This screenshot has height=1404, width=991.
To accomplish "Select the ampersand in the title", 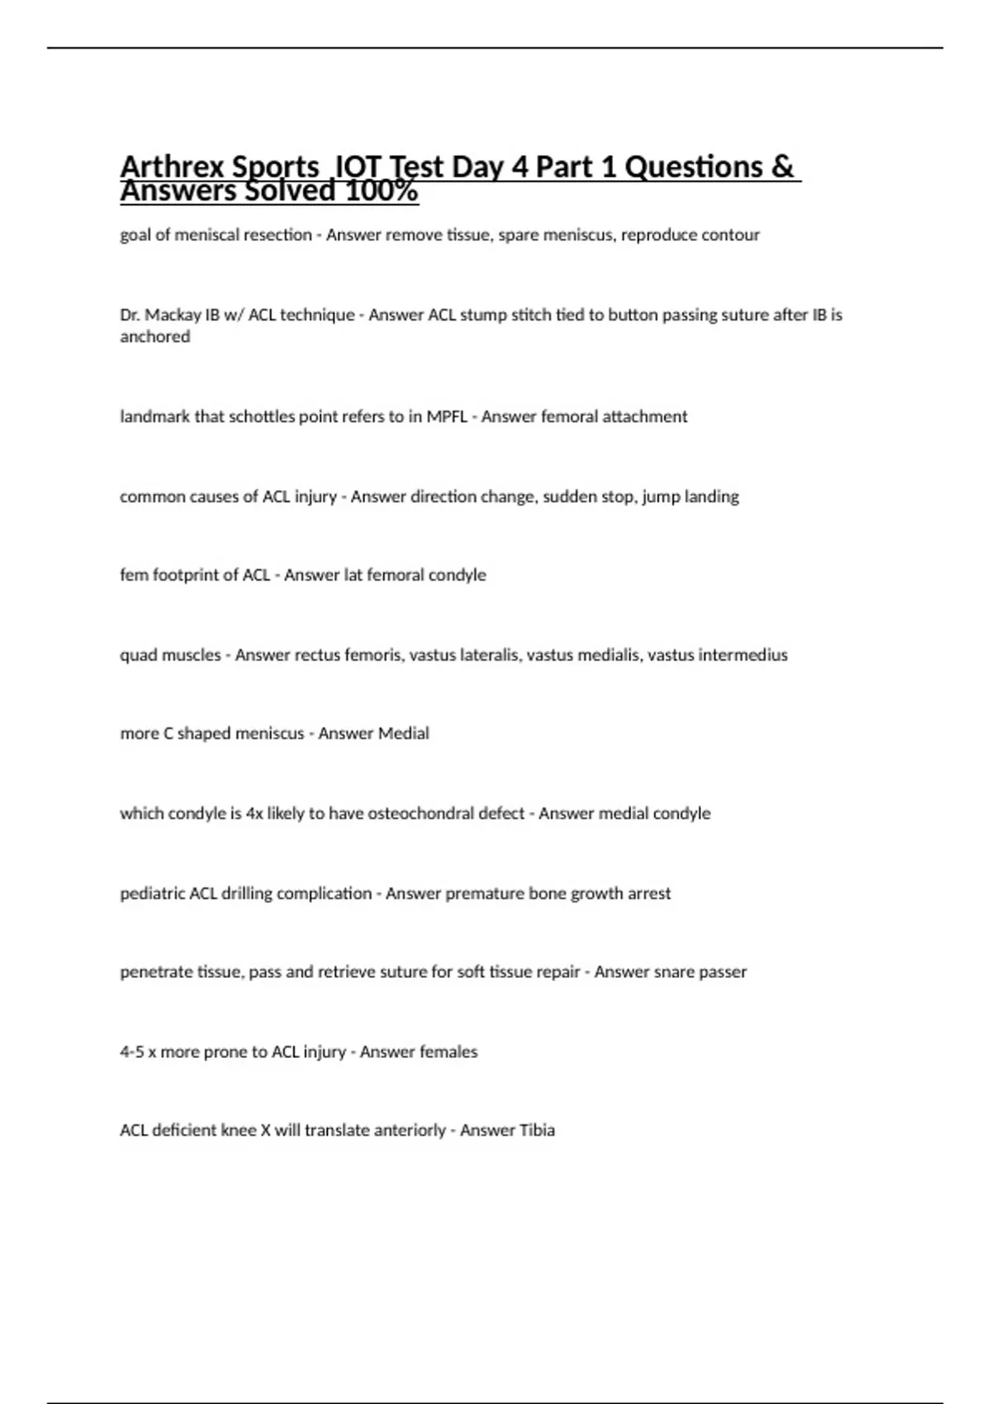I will [x=781, y=167].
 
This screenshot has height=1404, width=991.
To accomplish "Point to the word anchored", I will [x=154, y=336].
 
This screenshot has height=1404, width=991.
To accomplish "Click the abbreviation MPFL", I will [x=446, y=416].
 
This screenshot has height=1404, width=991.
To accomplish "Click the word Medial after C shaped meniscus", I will [x=402, y=733].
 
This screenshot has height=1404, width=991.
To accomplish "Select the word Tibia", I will [x=536, y=1130].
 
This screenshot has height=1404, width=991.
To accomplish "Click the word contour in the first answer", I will [x=731, y=235].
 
